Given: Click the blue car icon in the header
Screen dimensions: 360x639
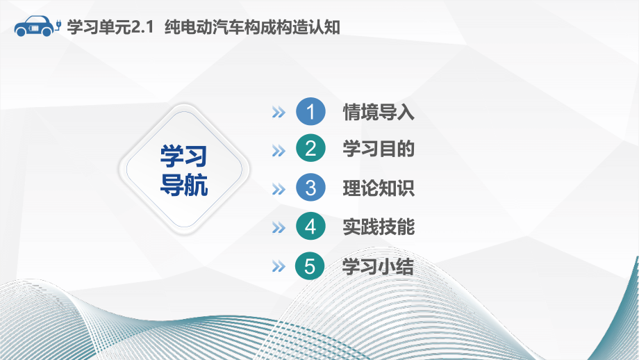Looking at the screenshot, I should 35,26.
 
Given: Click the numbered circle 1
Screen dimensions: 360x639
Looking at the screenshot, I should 310,112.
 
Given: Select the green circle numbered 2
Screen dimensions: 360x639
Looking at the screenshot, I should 310,149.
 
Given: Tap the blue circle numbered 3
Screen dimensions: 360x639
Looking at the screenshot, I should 310,188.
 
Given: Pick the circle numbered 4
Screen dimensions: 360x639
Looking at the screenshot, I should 310,227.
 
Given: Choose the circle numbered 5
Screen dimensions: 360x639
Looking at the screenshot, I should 310,266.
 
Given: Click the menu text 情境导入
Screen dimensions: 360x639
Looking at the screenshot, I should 379,112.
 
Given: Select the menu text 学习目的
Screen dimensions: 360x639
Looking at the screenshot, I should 379,149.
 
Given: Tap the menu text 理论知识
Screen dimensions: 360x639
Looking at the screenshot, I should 379,188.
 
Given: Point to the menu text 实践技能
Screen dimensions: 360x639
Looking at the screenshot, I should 379,227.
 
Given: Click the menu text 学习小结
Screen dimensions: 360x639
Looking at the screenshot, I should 379,266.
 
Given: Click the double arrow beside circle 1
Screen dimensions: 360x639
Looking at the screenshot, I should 279,113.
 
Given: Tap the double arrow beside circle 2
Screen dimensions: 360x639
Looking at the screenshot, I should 279,150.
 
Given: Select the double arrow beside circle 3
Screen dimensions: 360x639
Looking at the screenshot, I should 279,189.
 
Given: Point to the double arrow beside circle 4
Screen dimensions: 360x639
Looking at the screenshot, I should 279,227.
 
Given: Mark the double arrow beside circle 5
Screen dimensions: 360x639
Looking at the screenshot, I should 279,267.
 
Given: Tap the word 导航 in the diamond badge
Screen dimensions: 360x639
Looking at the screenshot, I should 184,186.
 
